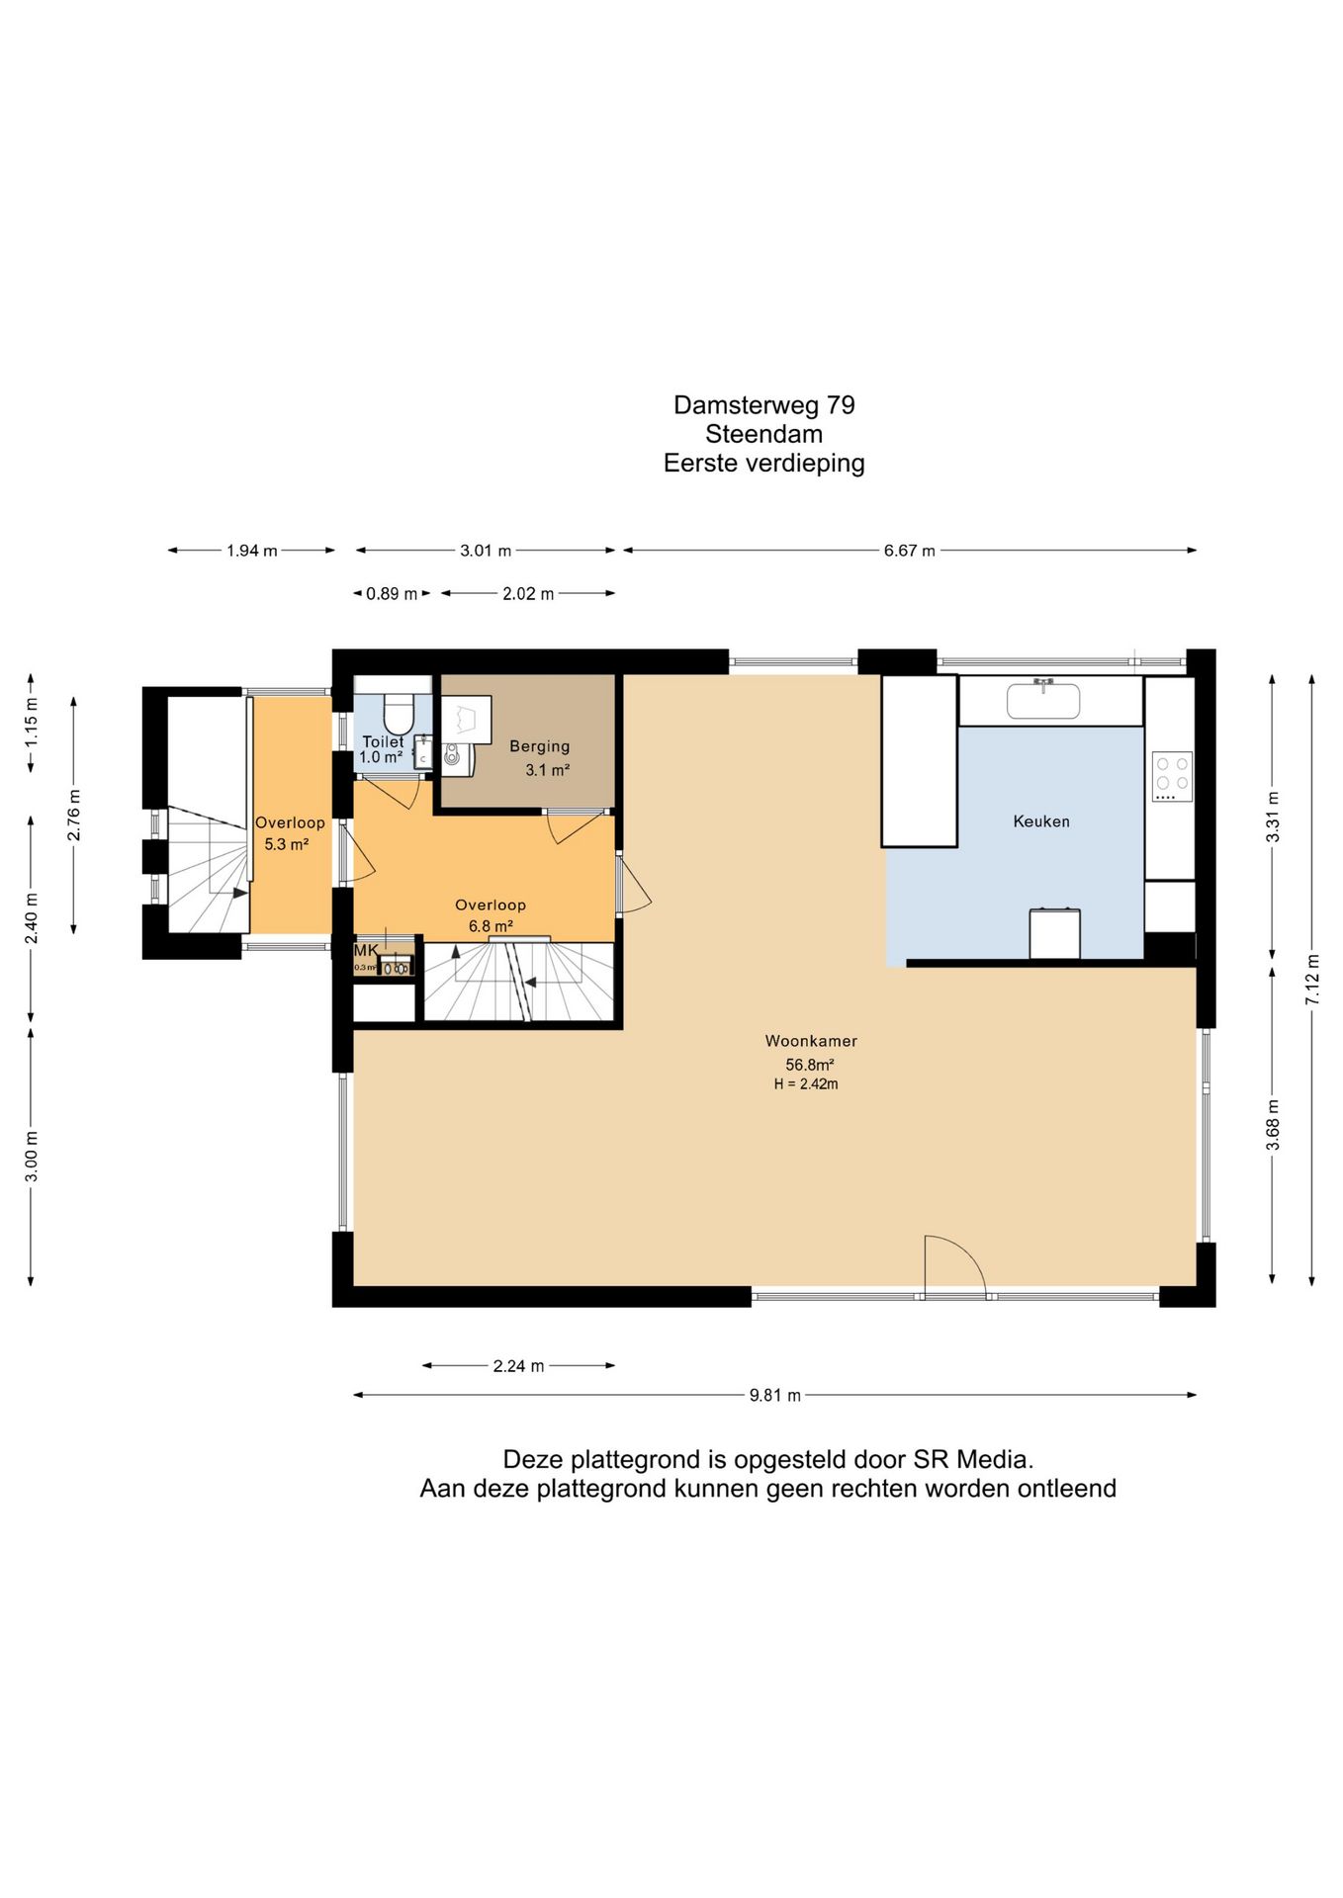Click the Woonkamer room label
(811, 1041)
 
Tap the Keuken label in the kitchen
(1041, 821)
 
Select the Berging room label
(540, 746)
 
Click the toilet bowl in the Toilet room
(398, 714)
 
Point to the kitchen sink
(1043, 700)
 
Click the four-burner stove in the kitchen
(1172, 777)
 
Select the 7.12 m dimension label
(1312, 980)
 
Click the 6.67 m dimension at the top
(910, 551)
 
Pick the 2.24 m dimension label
(519, 1366)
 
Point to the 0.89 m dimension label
(392, 594)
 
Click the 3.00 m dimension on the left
(32, 1157)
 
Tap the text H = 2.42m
(806, 1084)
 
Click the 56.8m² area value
(810, 1065)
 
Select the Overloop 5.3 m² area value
(287, 844)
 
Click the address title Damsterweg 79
(764, 405)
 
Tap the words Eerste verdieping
(764, 464)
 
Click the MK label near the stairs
(366, 950)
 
